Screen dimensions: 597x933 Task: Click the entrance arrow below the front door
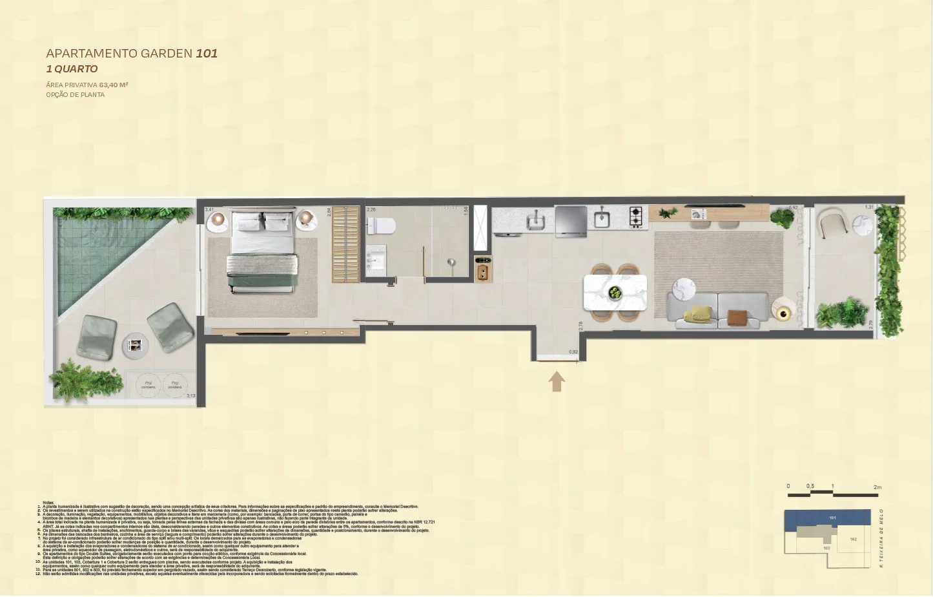click(x=557, y=381)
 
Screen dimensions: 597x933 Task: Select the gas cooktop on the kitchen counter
click(x=636, y=217)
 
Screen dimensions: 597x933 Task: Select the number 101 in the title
click(x=207, y=53)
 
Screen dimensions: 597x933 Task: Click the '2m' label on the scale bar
click(x=877, y=487)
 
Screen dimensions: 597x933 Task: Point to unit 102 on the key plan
click(x=853, y=539)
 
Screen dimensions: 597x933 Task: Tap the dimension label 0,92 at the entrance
click(x=573, y=352)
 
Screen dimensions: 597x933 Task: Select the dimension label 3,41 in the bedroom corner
click(x=209, y=210)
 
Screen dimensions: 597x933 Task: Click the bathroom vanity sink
click(x=376, y=261)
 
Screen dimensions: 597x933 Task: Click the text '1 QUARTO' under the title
click(x=72, y=69)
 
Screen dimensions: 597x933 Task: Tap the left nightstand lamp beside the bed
click(x=218, y=219)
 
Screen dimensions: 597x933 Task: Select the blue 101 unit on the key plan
click(x=832, y=518)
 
